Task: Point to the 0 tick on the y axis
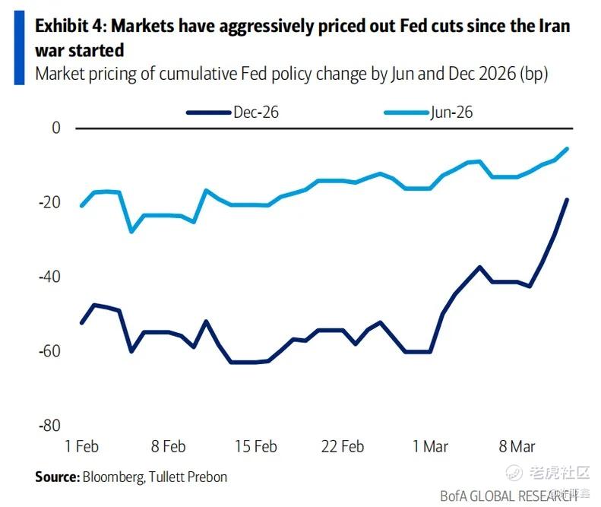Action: pyautogui.click(x=55, y=128)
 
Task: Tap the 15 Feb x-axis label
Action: pyautogui.click(x=255, y=447)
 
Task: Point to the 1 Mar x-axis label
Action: pyautogui.click(x=430, y=447)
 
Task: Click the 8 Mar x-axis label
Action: pyautogui.click(x=517, y=447)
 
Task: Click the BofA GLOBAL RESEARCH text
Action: pyautogui.click(x=505, y=496)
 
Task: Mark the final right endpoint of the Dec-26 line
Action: pyautogui.click(x=567, y=200)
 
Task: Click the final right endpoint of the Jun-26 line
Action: pyautogui.click(x=567, y=149)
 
